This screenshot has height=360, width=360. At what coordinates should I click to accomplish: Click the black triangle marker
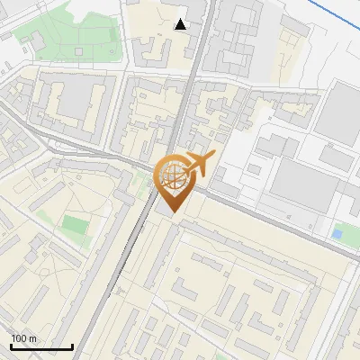click(181, 24)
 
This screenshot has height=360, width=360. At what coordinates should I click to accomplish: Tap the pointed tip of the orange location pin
click(171, 212)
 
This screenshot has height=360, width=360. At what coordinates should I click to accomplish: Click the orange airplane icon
click(199, 164)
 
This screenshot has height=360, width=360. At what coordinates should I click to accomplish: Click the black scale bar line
click(41, 346)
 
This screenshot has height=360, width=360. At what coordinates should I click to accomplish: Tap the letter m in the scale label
click(32, 338)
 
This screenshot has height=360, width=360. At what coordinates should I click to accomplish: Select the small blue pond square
click(337, 233)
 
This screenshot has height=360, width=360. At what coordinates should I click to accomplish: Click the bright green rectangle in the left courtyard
click(76, 225)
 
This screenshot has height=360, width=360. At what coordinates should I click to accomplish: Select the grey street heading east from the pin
click(270, 216)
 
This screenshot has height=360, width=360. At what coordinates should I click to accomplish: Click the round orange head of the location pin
click(171, 176)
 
